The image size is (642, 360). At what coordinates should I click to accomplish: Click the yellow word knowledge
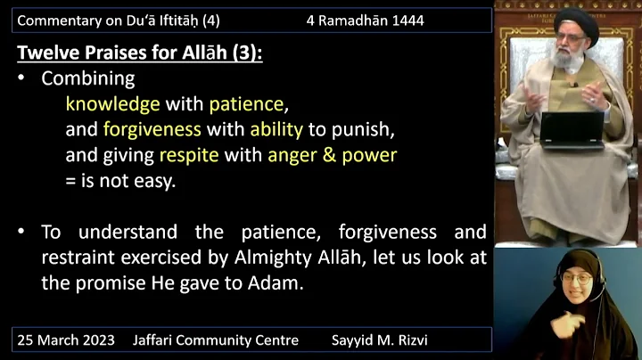112,103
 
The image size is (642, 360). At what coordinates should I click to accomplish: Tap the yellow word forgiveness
152,129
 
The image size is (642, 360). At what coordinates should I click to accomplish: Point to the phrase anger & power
332,155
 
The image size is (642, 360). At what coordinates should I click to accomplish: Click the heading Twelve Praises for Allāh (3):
140,53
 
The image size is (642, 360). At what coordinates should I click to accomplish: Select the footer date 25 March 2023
67,340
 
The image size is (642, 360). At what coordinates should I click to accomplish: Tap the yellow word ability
276,129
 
